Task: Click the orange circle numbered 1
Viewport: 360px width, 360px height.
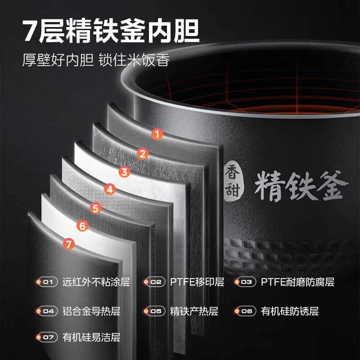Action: (x=157, y=134)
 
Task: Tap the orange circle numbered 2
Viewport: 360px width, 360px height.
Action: (x=142, y=154)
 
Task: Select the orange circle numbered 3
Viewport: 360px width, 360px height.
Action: (x=125, y=171)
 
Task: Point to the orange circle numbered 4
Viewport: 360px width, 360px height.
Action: (x=109, y=189)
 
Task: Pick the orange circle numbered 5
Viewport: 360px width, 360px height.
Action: (x=95, y=208)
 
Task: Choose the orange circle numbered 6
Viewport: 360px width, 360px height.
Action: (x=81, y=226)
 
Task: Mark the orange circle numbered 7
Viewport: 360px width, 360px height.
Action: (x=68, y=244)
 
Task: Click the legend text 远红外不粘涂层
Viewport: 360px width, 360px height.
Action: (x=96, y=283)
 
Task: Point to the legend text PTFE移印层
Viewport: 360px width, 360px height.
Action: (x=197, y=283)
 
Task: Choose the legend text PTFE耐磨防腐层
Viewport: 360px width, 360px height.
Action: (x=297, y=283)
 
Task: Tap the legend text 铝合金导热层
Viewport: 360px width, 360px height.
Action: (x=91, y=311)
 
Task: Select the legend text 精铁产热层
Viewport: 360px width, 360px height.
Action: (x=194, y=311)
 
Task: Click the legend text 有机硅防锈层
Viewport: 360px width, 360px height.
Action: (x=290, y=311)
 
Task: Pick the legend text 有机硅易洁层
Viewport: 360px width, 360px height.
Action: (x=91, y=337)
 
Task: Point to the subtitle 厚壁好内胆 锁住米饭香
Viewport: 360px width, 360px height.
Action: (x=96, y=60)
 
